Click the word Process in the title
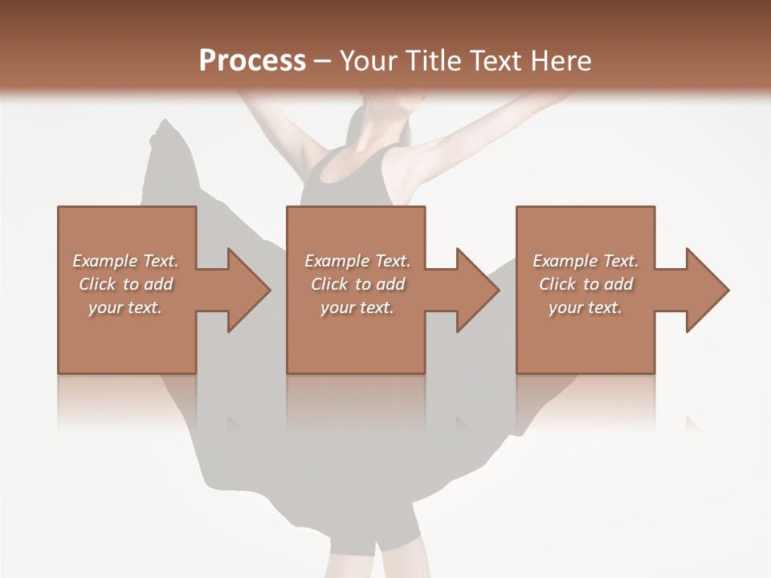coord(252,61)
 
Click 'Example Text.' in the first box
coord(125,261)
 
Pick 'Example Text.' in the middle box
coord(357,261)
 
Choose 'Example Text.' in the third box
coord(585,261)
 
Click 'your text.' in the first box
coord(125,307)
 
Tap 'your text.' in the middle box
coord(357,307)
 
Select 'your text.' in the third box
coord(585,307)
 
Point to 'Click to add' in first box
coord(125,284)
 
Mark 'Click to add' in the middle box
coord(357,284)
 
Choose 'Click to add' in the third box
coord(585,284)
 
